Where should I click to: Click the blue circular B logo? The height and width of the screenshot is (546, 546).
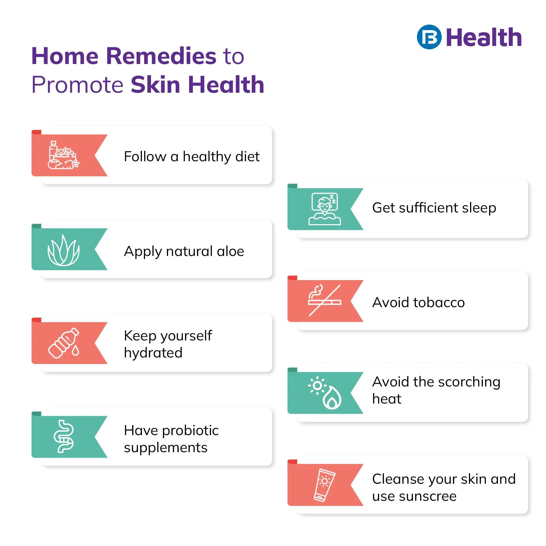coord(429,37)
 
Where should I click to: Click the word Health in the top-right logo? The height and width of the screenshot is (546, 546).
coord(484,37)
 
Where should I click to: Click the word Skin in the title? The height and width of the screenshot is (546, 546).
coord(155,84)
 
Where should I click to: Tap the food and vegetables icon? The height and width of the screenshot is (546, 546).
coord(63,155)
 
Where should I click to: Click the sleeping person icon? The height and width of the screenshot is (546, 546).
coord(324,209)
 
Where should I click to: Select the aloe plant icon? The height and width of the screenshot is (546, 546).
coord(63,251)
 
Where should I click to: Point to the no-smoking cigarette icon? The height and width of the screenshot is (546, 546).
coord(324,300)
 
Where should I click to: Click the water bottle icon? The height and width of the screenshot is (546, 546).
coord(64,343)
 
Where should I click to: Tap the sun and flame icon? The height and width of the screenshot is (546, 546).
coord(325,393)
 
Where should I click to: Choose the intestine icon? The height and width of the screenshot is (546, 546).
coord(64,436)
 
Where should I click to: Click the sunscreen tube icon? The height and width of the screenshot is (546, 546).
coord(324,485)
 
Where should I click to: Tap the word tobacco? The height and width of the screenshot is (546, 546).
coord(439,302)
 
